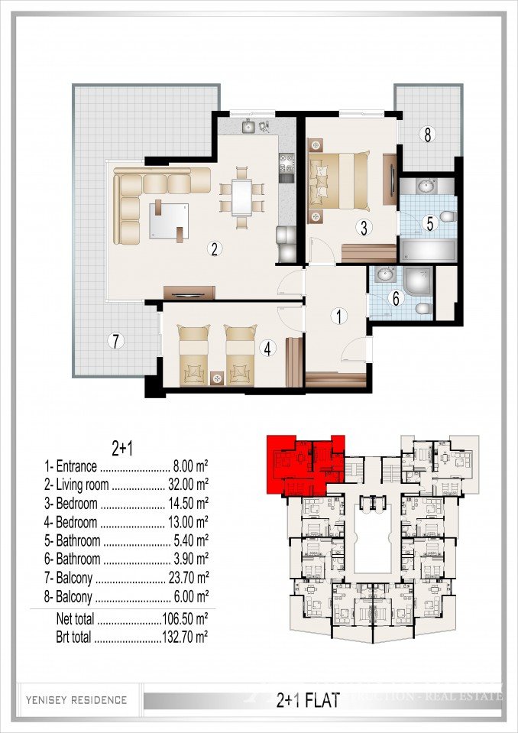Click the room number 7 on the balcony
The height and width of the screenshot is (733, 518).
(x=115, y=341)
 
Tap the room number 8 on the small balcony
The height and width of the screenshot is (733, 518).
(x=427, y=135)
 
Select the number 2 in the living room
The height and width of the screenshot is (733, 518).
(x=215, y=248)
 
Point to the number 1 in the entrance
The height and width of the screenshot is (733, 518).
(x=337, y=315)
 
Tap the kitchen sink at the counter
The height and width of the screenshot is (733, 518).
(x=250, y=128)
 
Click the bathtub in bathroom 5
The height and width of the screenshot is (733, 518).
(x=428, y=249)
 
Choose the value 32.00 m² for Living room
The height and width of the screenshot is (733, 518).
(x=188, y=484)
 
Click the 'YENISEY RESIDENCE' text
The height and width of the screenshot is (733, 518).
(x=76, y=699)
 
